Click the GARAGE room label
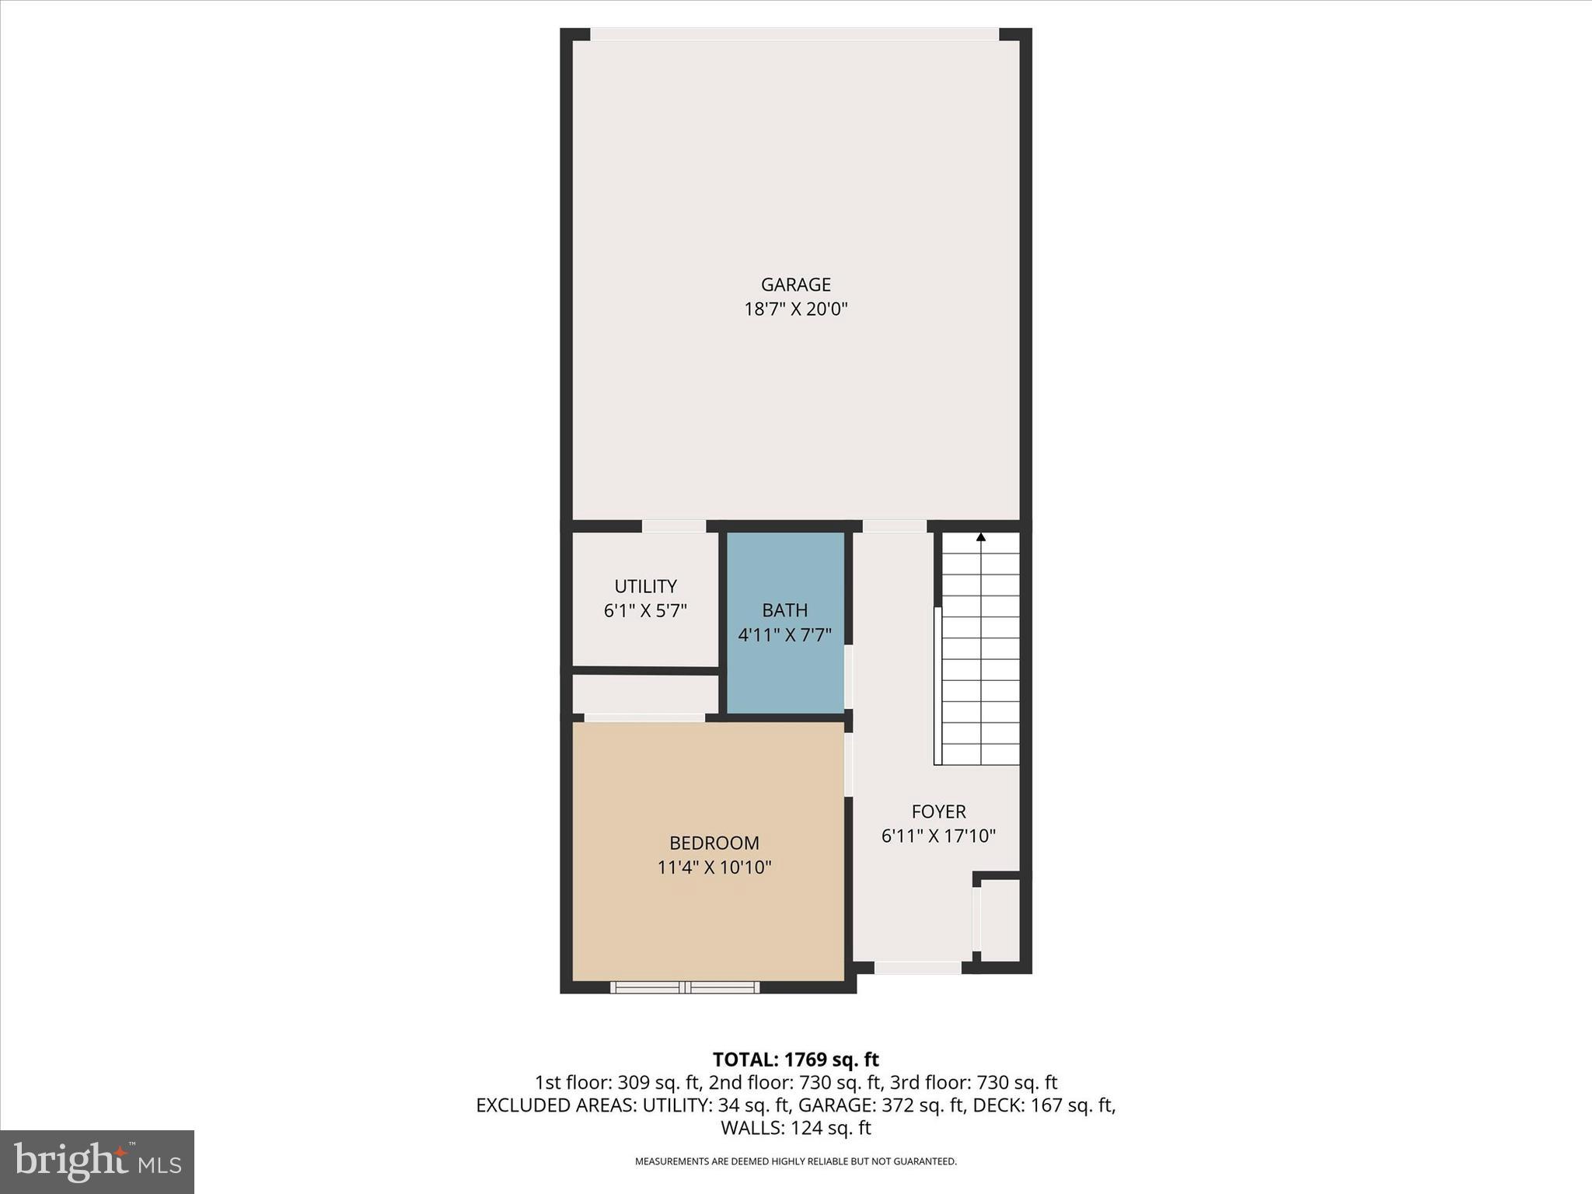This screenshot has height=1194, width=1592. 795,285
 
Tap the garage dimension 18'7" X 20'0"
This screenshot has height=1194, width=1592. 795,309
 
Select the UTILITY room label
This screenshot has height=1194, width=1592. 645,586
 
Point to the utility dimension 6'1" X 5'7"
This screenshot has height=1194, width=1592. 645,611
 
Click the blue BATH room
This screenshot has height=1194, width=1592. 785,669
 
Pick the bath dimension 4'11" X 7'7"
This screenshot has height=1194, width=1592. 784,635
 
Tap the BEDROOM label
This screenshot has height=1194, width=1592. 714,843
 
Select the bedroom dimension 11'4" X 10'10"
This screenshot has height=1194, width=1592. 714,868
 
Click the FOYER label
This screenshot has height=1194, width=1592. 938,812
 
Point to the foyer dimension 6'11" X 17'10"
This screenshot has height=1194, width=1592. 938,836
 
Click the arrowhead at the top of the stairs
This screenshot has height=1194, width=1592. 981,537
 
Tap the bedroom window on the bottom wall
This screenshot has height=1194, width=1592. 685,987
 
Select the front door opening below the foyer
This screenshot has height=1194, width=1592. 917,968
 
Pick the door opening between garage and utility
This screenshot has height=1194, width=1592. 674,526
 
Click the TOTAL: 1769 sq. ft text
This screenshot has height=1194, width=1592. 795,1060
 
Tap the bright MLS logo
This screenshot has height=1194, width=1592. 97,1161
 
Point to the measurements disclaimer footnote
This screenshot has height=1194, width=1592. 795,1161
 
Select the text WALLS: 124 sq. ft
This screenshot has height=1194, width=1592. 795,1128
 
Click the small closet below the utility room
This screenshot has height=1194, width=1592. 645,694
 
